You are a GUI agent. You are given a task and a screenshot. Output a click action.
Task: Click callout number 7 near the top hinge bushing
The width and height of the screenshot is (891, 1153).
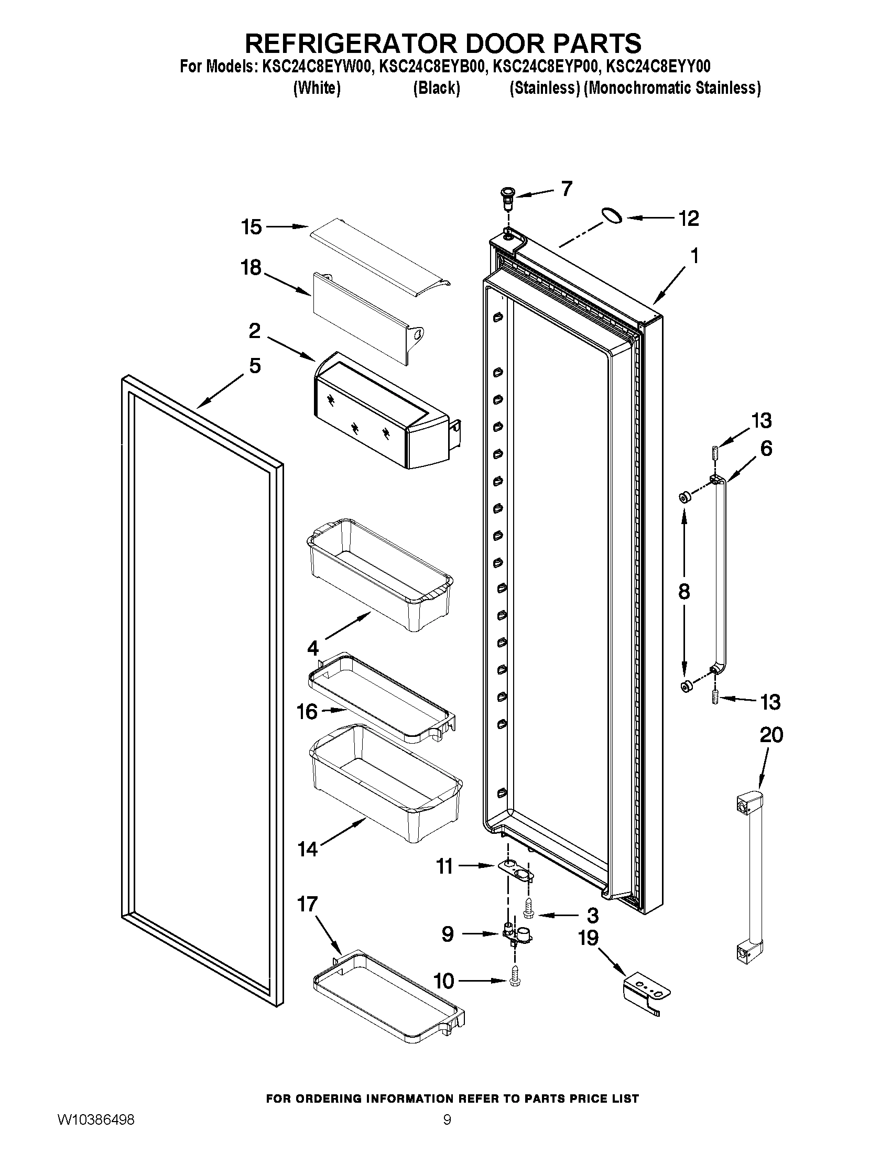click(x=567, y=189)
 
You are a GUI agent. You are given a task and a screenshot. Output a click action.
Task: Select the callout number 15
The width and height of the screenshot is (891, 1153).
click(x=251, y=227)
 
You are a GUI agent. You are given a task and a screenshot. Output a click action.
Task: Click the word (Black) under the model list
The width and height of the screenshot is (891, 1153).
click(x=436, y=88)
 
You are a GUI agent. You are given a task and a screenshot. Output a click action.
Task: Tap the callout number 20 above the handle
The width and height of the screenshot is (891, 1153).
click(x=770, y=735)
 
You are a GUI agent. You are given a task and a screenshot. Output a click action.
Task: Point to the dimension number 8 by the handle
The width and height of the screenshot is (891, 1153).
click(x=683, y=592)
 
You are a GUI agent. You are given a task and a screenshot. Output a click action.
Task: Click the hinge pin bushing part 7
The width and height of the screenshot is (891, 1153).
click(x=508, y=195)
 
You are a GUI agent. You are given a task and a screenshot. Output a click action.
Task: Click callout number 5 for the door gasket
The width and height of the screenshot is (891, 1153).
click(x=255, y=365)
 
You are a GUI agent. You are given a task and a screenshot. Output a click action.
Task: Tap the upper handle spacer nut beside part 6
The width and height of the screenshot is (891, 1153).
click(x=683, y=497)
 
